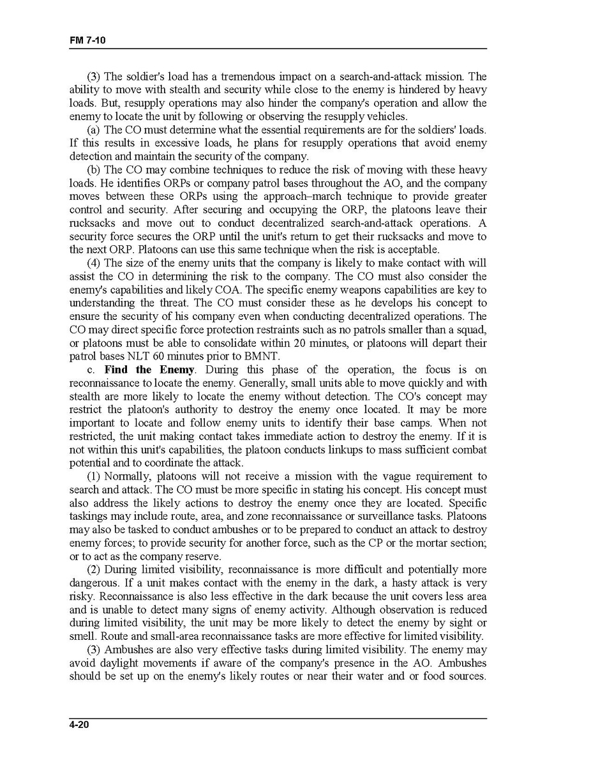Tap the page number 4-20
click(x=80, y=725)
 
